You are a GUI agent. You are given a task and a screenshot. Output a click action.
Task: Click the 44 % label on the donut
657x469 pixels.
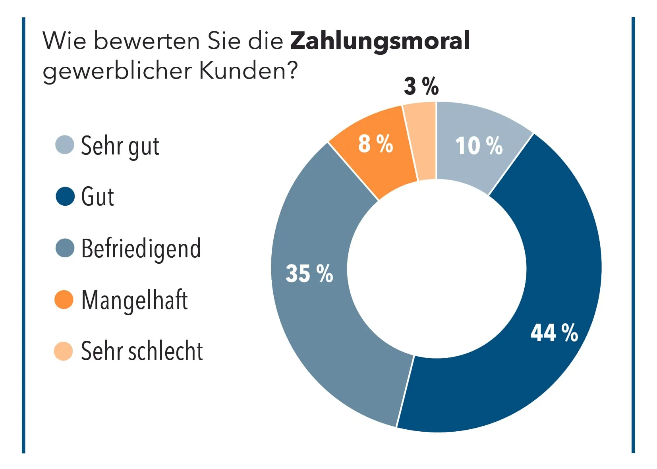click(x=554, y=333)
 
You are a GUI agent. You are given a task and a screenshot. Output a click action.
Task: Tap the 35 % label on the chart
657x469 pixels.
click(x=309, y=274)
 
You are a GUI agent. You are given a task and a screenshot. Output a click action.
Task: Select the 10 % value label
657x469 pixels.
click(x=479, y=146)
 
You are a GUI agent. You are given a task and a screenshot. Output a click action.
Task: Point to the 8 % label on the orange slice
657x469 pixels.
click(x=375, y=144)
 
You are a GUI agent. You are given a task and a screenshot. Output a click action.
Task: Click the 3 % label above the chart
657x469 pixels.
click(x=421, y=86)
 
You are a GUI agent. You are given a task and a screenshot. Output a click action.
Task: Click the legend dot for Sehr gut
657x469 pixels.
click(x=64, y=145)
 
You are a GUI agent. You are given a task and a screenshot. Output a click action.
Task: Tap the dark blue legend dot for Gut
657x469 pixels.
click(x=65, y=196)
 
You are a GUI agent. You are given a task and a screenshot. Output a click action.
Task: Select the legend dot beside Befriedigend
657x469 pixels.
click(x=65, y=248)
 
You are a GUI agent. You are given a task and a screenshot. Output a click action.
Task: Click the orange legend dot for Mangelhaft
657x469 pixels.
click(x=64, y=299)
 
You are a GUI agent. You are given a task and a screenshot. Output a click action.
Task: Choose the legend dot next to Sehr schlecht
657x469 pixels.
click(x=64, y=351)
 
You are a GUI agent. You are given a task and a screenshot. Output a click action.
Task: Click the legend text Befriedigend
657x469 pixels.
click(x=141, y=249)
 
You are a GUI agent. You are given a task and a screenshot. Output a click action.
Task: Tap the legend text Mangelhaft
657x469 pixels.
click(x=134, y=300)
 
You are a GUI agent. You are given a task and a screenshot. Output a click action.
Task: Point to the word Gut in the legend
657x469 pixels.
click(x=97, y=197)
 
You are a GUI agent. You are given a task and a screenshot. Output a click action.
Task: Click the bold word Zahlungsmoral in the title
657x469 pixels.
click(x=380, y=41)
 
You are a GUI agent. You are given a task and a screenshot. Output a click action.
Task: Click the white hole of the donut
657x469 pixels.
click(x=437, y=268)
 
